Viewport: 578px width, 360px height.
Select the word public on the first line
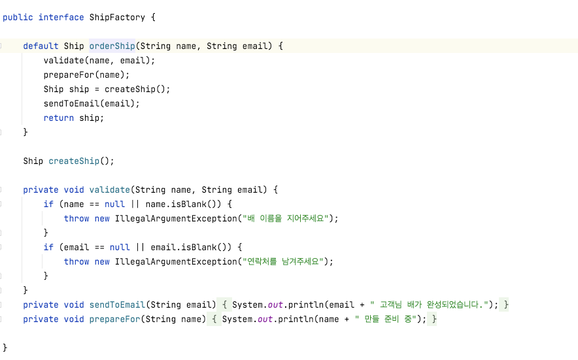pos(18,17)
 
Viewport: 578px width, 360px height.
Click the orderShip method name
pos(112,46)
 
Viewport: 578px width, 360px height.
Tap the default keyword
pos(41,46)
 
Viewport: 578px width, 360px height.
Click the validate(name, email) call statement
pos(99,60)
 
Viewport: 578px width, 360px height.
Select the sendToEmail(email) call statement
pos(92,103)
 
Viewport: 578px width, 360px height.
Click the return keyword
pos(59,118)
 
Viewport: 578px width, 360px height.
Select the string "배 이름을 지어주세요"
pos(287,218)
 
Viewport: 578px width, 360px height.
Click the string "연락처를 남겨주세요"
pos(284,261)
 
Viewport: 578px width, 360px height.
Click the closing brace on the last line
pos(5,347)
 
